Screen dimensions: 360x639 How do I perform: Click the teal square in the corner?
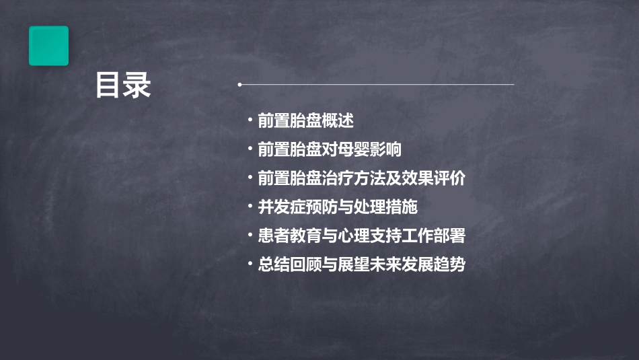tap(48, 46)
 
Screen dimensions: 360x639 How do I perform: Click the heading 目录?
tap(122, 86)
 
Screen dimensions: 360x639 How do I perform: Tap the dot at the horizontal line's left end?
tap(239, 85)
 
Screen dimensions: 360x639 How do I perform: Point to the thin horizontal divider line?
tap(377, 85)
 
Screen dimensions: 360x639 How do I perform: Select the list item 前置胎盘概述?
tap(305, 121)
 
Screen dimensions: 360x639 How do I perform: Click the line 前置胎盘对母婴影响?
tap(330, 149)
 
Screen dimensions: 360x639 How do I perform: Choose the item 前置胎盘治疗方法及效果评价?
tap(361, 179)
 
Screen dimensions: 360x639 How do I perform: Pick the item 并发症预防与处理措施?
tap(338, 207)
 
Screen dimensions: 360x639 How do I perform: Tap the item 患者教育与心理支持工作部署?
tap(361, 236)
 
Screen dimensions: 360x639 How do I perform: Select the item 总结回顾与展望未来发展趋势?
tap(361, 264)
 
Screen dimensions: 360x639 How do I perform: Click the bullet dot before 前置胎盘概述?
tap(250, 121)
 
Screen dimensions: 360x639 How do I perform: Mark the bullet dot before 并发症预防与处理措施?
tap(250, 207)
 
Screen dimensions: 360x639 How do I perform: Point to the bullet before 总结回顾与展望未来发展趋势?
tap(250, 264)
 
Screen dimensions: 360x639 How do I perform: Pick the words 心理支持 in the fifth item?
tap(370, 236)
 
